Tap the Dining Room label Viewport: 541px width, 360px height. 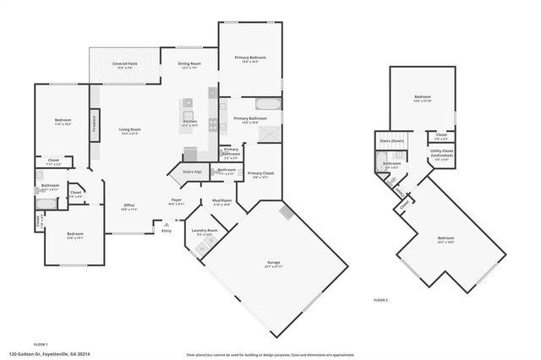[189, 65]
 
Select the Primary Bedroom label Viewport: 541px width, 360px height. [246, 59]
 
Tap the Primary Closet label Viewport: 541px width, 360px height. [260, 176]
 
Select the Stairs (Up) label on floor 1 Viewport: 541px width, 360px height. [192, 172]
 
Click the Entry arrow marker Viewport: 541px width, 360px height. [166, 226]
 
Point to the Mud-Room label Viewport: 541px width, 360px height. [221, 203]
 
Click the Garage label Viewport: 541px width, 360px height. [274, 264]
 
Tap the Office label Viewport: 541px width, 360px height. [129, 206]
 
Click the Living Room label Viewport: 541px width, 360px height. [129, 131]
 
